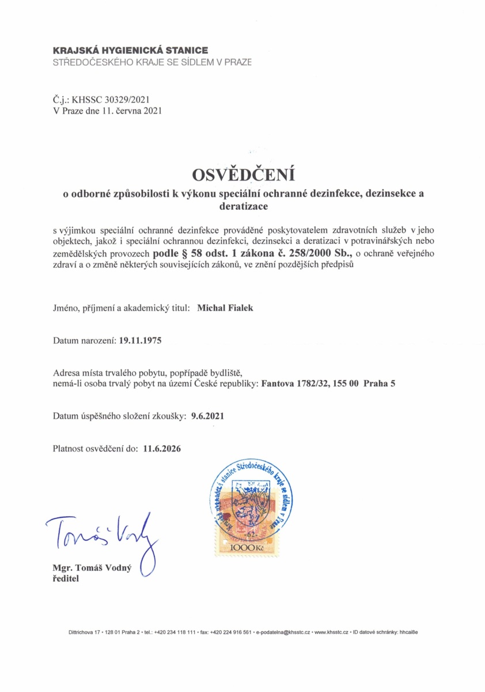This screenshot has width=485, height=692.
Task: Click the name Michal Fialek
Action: (x=225, y=308)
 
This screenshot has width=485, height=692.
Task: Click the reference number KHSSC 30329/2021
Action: (x=111, y=99)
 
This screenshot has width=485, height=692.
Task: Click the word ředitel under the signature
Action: (x=66, y=579)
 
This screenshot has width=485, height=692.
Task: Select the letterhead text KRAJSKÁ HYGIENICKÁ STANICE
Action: (x=130, y=51)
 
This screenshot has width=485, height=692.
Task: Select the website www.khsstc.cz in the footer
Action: (x=332, y=632)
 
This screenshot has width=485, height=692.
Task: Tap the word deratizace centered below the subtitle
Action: (x=242, y=205)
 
